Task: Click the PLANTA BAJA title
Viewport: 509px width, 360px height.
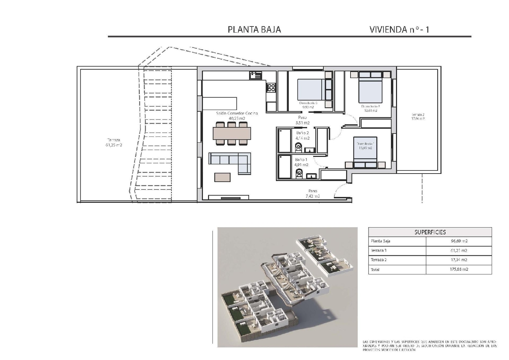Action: coord(254,30)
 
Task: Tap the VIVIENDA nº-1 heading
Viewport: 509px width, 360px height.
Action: coord(399,30)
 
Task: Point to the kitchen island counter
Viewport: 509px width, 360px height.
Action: coord(220,103)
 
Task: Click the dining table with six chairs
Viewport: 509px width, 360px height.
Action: coord(232,133)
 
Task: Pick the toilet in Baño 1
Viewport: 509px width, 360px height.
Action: coord(299,173)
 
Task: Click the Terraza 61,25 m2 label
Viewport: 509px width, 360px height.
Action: coord(114,142)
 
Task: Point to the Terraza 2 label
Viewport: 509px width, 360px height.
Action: coord(418,116)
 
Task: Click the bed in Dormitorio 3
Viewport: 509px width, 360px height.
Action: coord(311,89)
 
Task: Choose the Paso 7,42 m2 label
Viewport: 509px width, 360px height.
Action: coord(313,193)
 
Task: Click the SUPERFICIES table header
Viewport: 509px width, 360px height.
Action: coord(430,232)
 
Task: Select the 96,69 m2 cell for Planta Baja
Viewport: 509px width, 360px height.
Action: coord(458,241)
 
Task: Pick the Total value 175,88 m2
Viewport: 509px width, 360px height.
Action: coord(458,269)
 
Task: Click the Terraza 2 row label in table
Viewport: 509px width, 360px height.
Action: coord(379,260)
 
